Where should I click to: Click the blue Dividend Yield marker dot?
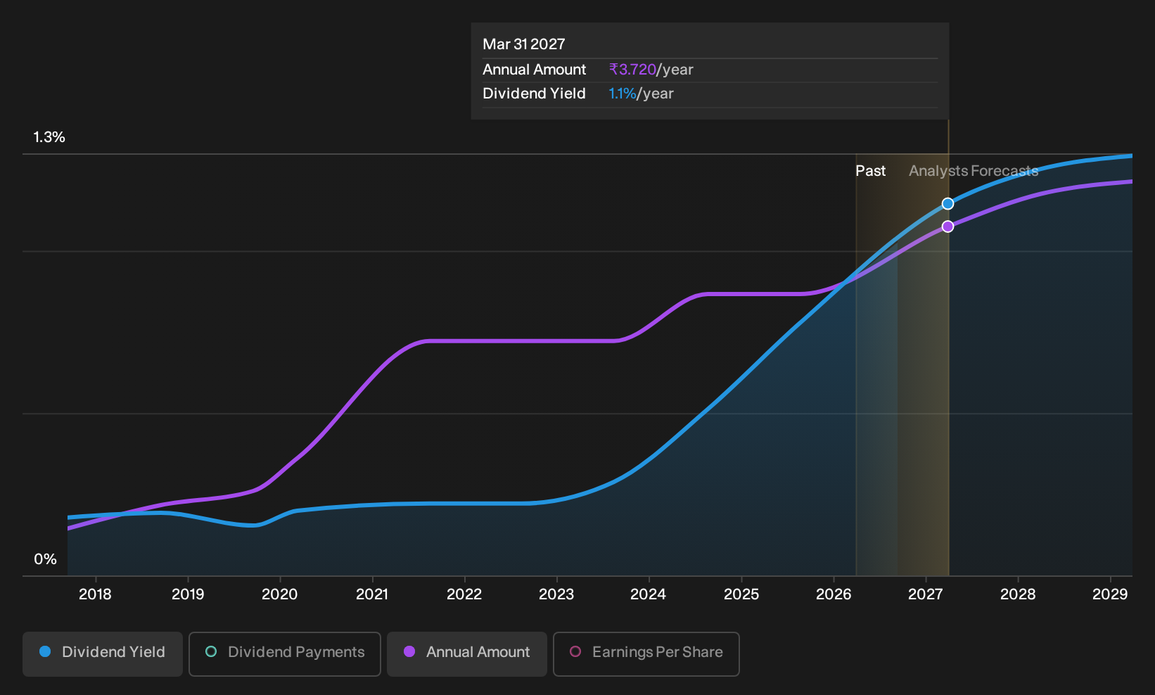click(947, 204)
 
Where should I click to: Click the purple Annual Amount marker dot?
click(947, 227)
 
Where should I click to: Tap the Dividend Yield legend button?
click(103, 653)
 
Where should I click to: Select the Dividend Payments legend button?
click(285, 653)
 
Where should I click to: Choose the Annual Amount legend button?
click(466, 653)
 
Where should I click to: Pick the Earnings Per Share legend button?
click(646, 653)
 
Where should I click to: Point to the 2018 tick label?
click(96, 594)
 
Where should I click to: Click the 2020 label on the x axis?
click(279, 594)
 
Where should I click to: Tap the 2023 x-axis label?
click(556, 594)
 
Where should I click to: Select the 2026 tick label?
click(834, 594)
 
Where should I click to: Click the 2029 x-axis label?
click(1110, 594)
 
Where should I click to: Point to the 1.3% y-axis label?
click(49, 137)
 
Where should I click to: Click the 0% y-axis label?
click(46, 559)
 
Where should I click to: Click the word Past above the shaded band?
click(870, 171)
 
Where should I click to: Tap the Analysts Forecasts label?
click(974, 171)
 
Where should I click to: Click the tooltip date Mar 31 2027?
click(524, 44)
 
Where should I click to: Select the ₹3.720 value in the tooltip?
click(632, 70)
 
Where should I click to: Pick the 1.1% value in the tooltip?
click(623, 94)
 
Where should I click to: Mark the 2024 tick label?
click(648, 594)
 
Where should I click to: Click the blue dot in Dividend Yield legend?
click(46, 651)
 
